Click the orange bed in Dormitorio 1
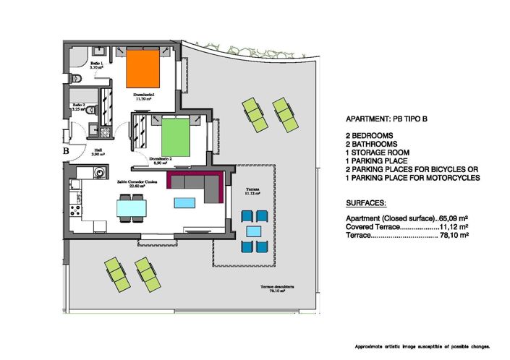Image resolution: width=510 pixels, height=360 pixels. [142, 69]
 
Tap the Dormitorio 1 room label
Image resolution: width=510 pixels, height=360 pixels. [143, 96]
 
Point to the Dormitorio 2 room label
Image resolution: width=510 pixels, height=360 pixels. [160, 160]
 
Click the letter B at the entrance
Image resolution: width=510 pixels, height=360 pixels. [65, 152]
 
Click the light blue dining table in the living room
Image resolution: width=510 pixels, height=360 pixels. [132, 209]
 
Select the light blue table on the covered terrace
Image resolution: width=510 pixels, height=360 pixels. [253, 231]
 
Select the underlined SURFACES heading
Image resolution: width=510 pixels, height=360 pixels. [366, 204]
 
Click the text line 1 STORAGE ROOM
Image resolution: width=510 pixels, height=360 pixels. [378, 153]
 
